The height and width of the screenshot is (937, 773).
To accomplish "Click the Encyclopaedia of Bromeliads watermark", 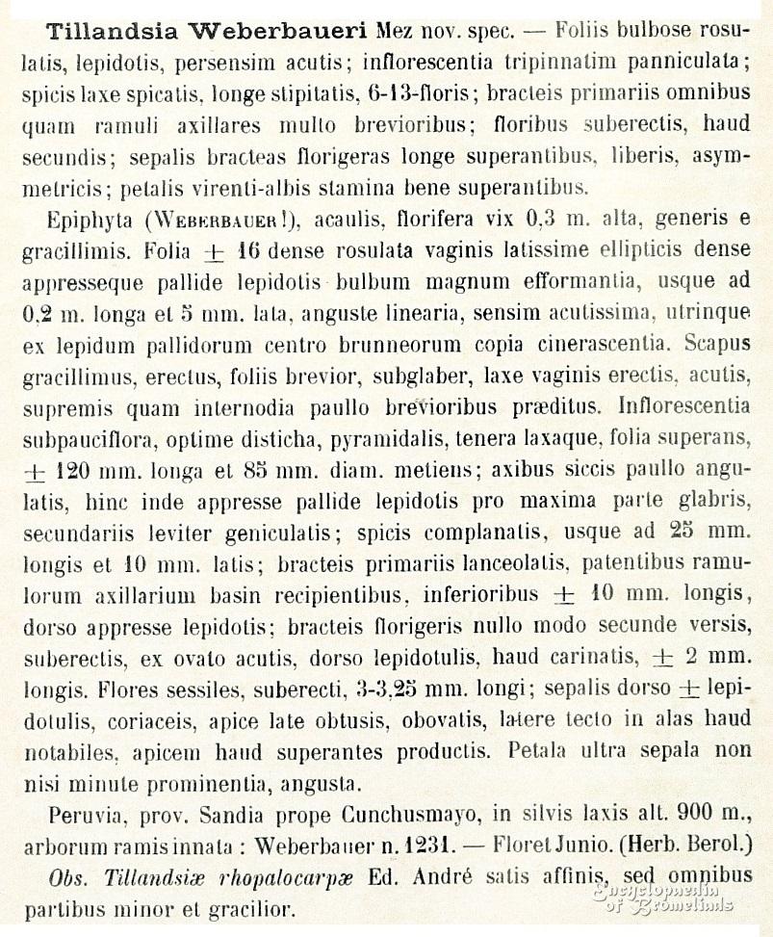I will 663,897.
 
